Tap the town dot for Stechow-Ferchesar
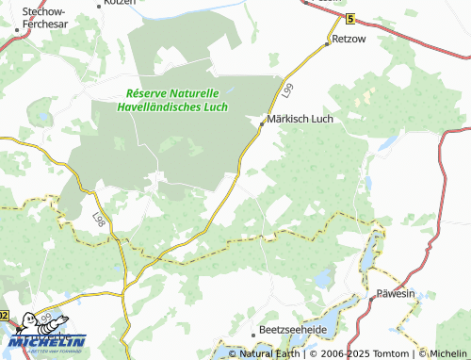tap(17, 28)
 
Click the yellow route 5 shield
tap(350, 19)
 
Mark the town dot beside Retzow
tap(329, 43)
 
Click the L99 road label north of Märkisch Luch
tap(286, 90)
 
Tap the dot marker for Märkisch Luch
tap(261, 121)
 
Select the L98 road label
tap(100, 219)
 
